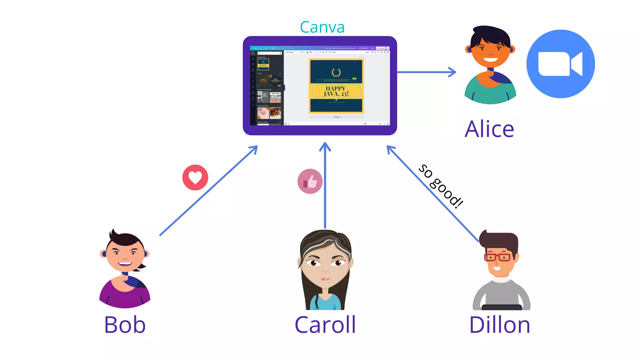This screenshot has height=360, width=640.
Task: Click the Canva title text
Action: pos(322,27)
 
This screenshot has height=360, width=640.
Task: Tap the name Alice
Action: pos(489,129)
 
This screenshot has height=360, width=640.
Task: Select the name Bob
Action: pos(125,325)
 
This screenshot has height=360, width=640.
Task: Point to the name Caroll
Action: pos(325,325)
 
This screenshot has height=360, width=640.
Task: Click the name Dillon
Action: pos(499,325)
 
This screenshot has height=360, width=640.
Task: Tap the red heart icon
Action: pos(195,177)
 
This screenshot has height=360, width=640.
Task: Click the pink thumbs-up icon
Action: pos(310,181)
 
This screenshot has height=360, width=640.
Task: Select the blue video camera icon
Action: pos(560,64)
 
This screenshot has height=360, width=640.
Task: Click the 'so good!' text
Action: pos(441,186)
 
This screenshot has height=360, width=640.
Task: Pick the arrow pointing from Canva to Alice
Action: pos(427,72)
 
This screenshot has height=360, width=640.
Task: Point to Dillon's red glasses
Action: pos(497,257)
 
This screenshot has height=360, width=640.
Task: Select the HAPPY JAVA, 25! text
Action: pos(336,91)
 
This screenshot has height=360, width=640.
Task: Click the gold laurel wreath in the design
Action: pos(336,72)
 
